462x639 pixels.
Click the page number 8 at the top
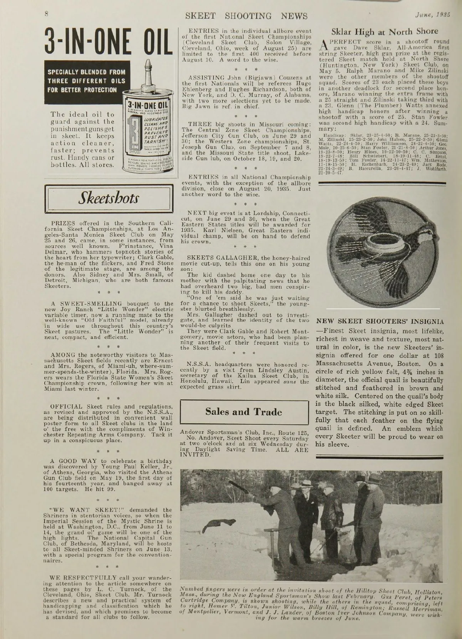[x=46, y=13]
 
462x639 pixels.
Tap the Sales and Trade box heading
[x=244, y=412]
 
